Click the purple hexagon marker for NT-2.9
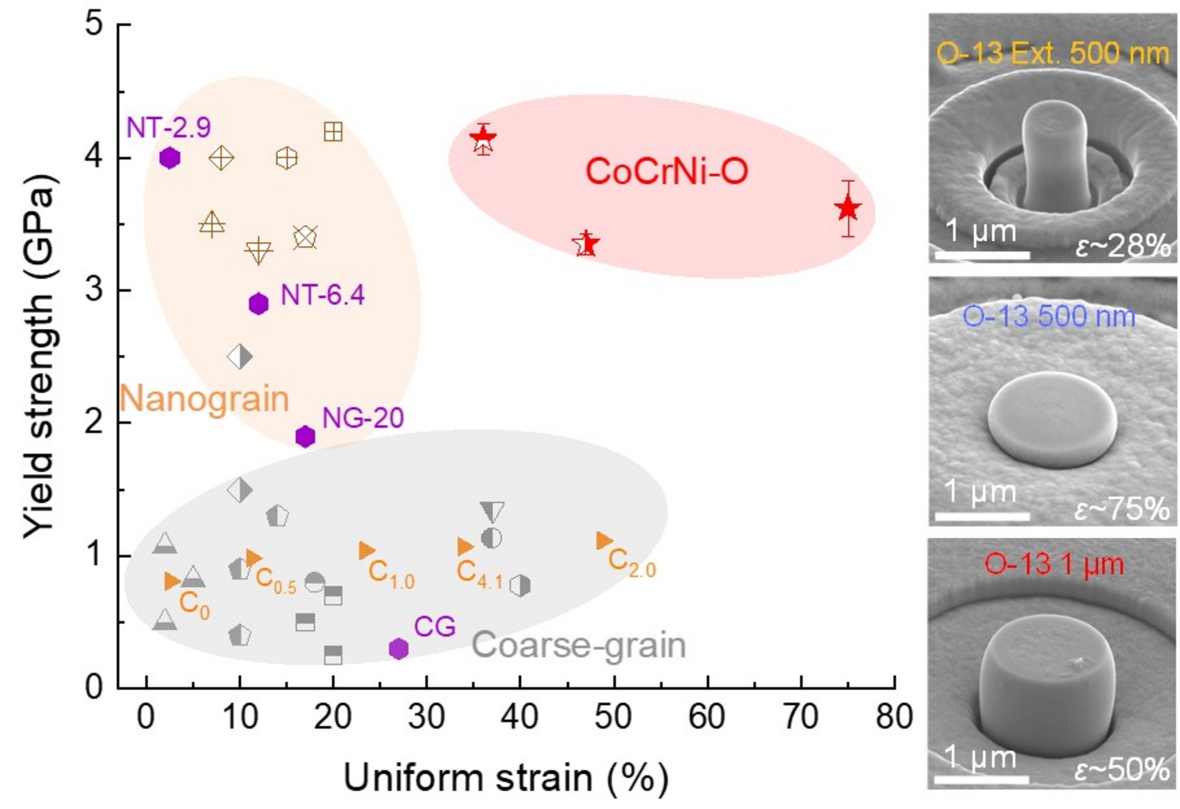click(170, 158)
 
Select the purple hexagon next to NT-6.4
click(259, 303)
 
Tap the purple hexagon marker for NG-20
click(305, 436)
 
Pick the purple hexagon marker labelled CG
click(399, 648)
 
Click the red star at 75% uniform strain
click(848, 209)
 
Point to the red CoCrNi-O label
click(667, 171)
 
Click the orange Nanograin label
click(204, 399)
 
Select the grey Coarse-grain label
click(578, 646)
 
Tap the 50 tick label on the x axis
click(613, 717)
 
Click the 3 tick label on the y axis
click(94, 289)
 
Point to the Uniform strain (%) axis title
click(505, 778)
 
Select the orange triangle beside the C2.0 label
click(605, 541)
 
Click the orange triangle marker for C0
click(173, 581)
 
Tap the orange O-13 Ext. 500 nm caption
click(1052, 54)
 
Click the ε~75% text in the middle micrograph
click(1122, 509)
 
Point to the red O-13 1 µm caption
click(1054, 565)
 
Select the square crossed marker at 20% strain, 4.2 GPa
click(333, 131)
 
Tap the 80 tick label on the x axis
click(894, 717)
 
